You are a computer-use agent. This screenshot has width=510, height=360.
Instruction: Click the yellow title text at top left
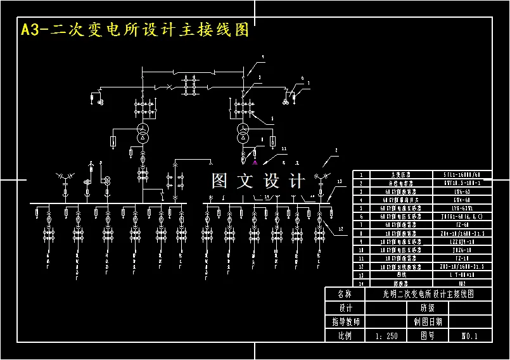coord(135,30)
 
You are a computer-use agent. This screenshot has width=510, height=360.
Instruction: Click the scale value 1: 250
coord(386,336)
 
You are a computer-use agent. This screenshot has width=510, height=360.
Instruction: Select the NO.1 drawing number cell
coord(469,336)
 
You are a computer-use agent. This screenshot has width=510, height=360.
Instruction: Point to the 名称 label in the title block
coord(345,295)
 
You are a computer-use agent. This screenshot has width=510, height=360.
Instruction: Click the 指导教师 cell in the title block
coord(345,322)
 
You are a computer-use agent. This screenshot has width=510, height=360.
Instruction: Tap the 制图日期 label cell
coord(428,322)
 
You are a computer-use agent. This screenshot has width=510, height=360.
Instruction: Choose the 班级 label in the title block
coord(428,308)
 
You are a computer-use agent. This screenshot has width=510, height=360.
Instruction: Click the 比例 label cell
coord(345,336)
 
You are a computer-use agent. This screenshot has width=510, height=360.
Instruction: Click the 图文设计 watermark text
coord(258,181)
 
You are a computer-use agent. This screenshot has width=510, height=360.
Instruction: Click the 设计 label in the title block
coord(345,308)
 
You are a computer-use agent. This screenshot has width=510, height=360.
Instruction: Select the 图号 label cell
coord(428,336)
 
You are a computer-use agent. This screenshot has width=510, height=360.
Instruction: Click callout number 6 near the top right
coord(302,78)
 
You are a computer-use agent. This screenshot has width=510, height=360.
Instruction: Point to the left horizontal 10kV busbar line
coord(108,204)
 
